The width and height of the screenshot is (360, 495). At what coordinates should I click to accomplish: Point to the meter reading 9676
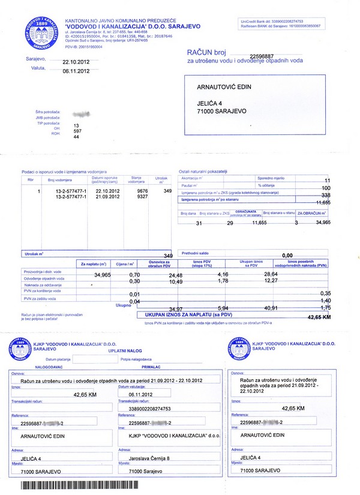click(x=143, y=191)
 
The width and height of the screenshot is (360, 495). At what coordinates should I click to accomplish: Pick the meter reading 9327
click(x=143, y=196)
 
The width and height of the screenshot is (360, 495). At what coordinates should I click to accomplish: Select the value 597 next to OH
click(x=77, y=131)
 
